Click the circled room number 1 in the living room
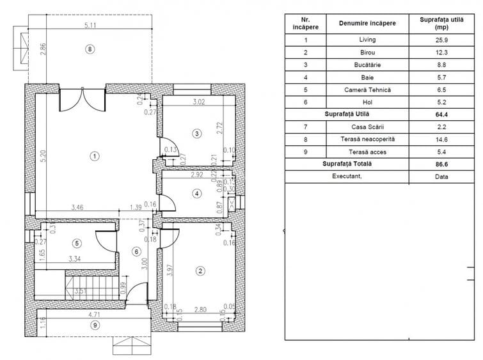[x=94, y=155]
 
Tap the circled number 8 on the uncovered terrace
[x=90, y=49]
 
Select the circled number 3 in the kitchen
[x=197, y=133]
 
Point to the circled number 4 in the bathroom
[x=197, y=193]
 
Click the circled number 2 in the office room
[x=200, y=271]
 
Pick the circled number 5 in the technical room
[x=77, y=243]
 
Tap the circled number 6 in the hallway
[x=136, y=251]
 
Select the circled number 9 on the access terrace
[x=94, y=324]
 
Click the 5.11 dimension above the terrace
[x=90, y=26]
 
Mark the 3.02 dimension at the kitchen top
[x=202, y=101]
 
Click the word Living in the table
[x=368, y=40]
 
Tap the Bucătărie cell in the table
[x=368, y=65]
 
